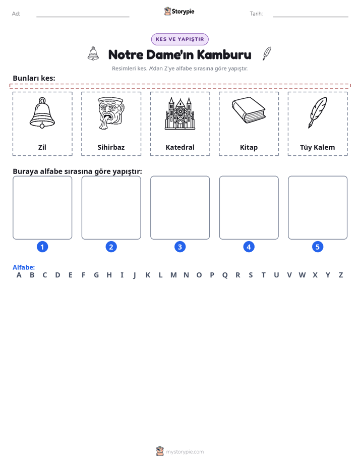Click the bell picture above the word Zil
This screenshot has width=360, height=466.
42,113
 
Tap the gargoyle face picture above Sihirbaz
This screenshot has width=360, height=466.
111,113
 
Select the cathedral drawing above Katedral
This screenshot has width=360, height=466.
179,113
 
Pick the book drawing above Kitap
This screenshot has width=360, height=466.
249,110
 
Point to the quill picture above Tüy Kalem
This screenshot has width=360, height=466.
317,112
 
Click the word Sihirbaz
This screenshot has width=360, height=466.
111,147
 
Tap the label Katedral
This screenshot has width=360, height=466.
180,147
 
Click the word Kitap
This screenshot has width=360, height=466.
249,148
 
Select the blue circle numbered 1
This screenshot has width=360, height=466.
42,247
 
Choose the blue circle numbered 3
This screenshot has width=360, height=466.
180,247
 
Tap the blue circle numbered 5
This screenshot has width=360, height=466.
318,247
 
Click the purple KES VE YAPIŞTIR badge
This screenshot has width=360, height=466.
179,39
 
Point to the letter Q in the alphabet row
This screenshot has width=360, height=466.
225,275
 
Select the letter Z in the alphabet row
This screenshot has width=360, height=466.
341,275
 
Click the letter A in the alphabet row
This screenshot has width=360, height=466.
19,275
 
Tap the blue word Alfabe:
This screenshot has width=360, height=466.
24,267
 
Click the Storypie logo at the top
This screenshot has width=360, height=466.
179,11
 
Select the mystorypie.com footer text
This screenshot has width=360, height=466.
185,452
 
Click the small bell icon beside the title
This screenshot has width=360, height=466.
93,53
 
